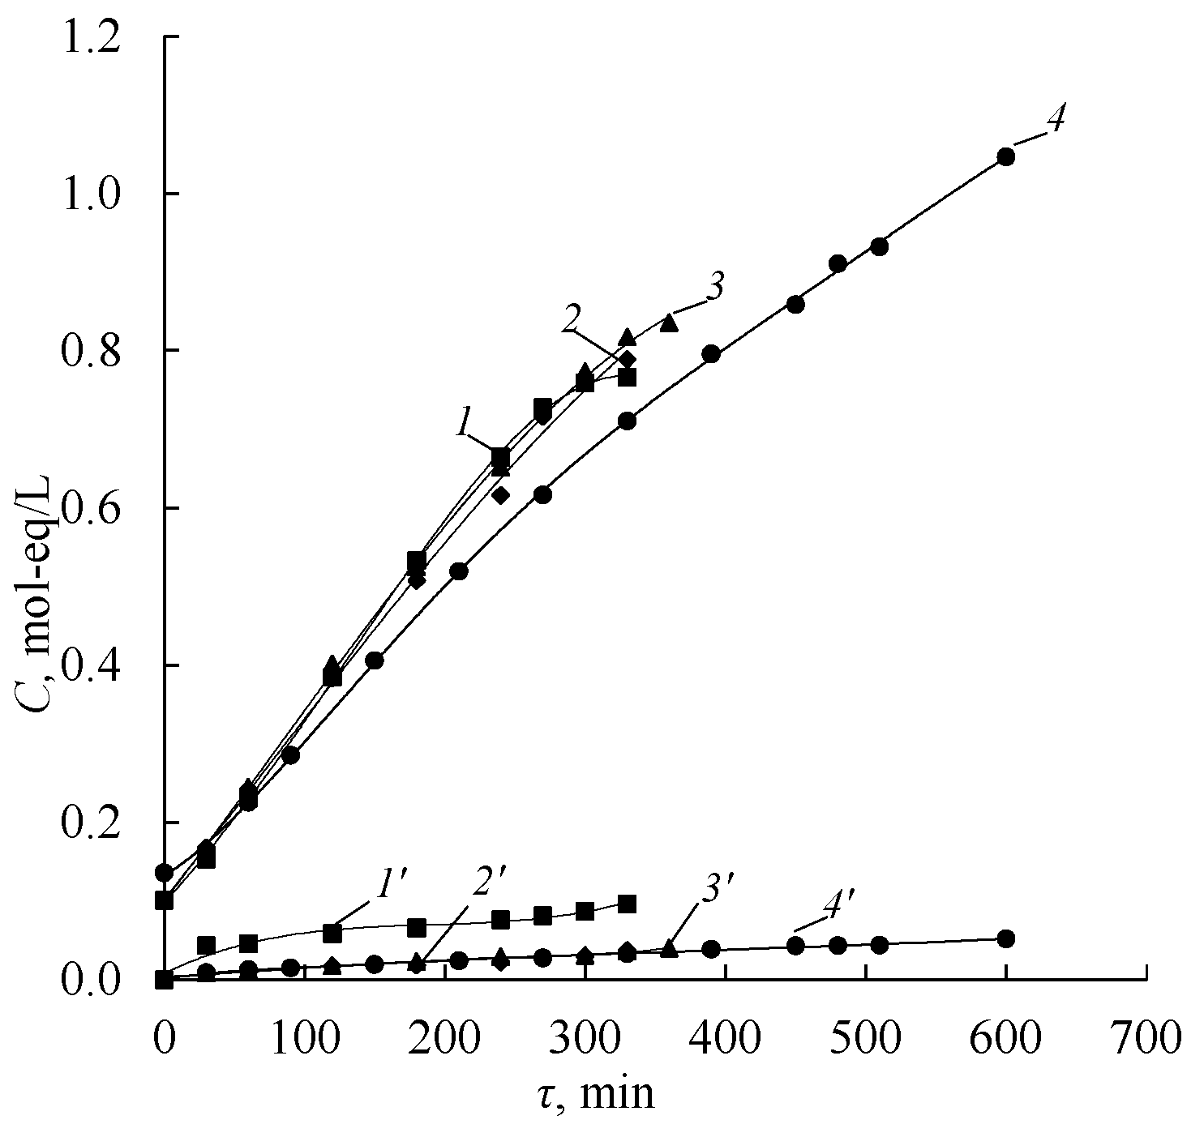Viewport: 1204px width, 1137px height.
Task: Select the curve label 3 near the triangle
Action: pyautogui.click(x=714, y=290)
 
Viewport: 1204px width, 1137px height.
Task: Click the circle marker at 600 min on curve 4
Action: pyautogui.click(x=1005, y=156)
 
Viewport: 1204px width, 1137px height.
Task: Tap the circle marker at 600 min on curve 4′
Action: pyautogui.click(x=1005, y=938)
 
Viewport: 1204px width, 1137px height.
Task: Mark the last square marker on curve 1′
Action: pyautogui.click(x=627, y=904)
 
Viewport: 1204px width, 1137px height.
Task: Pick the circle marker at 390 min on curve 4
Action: pyautogui.click(x=711, y=354)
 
